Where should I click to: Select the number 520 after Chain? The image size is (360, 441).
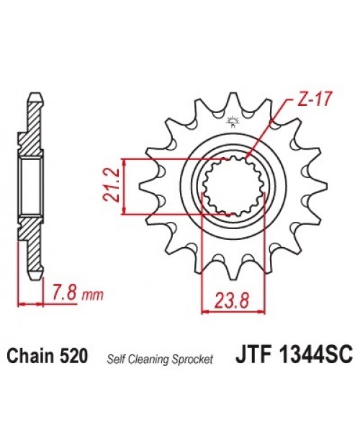75,355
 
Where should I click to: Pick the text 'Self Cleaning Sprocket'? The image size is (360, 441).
160,358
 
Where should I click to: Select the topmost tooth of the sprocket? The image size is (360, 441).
233,104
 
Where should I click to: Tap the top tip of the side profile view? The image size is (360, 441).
33,95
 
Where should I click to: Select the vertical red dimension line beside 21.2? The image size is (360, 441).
126,186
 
